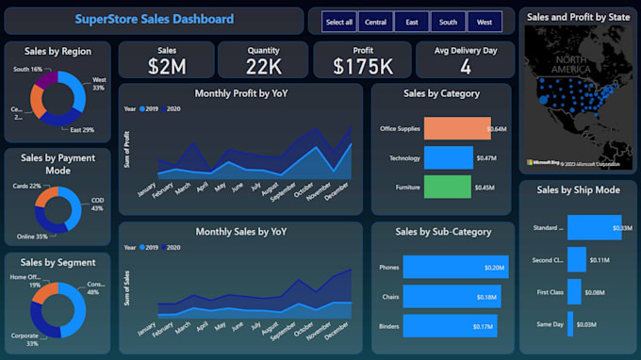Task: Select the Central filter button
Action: pyautogui.click(x=374, y=21)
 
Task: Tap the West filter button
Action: pyautogui.click(x=484, y=21)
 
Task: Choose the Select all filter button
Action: pyautogui.click(x=338, y=21)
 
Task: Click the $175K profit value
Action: pyautogui.click(x=363, y=66)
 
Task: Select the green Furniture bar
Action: pyautogui.click(x=447, y=187)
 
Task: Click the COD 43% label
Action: pyautogui.click(x=97, y=204)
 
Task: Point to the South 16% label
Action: pyautogui.click(x=27, y=70)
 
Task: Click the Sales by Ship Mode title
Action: pyautogui.click(x=577, y=189)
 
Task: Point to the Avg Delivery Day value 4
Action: pyautogui.click(x=465, y=66)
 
